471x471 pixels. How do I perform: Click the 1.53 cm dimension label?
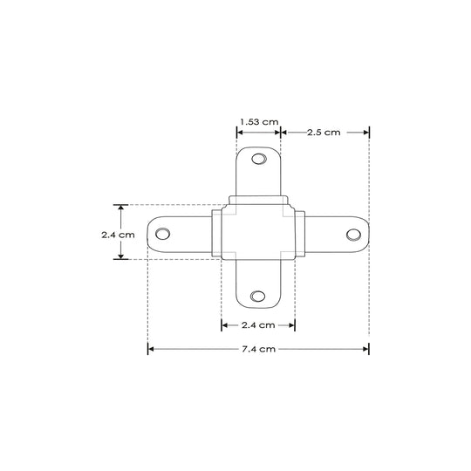259,122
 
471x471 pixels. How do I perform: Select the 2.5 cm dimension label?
324,133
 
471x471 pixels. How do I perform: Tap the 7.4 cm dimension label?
258,349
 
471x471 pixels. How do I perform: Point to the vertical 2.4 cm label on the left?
118,235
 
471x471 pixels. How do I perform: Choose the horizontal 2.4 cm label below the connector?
258,325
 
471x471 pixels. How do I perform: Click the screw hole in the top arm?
259,159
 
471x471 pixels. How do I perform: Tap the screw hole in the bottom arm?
257,297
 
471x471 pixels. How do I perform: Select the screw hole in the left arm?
162,234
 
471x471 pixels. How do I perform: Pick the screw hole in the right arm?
353,235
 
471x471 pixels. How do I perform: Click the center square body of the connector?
258,232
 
